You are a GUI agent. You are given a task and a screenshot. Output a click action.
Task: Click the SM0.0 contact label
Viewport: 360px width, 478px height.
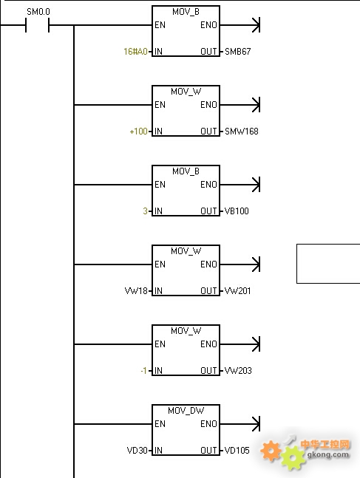[x=38, y=12]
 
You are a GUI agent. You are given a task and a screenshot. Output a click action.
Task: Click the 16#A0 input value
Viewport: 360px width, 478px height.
[x=135, y=52]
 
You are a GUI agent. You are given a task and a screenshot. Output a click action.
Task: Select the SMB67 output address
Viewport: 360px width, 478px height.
[x=238, y=52]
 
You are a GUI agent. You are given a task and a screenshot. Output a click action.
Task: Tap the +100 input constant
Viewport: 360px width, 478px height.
[x=138, y=132]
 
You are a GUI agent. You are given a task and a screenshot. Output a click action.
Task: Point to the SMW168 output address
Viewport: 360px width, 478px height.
[x=241, y=132]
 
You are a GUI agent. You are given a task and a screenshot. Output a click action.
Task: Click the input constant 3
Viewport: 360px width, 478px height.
[x=145, y=211]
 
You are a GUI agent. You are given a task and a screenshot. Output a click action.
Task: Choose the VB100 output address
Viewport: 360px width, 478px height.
[x=237, y=211]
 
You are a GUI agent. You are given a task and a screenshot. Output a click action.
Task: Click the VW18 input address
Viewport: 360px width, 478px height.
[x=136, y=291]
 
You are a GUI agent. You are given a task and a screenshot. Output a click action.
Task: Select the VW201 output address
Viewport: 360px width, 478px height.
[x=237, y=291]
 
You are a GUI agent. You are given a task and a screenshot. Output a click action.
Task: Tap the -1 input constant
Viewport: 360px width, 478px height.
[x=144, y=371]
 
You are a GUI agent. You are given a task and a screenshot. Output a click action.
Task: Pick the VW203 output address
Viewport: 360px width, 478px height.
[x=238, y=371]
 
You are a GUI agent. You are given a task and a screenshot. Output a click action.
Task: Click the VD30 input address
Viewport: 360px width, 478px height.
[x=137, y=450]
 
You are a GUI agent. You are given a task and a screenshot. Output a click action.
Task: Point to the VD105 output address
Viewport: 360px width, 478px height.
[x=237, y=450]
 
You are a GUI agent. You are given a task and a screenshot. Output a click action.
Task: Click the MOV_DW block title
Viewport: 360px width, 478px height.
[x=186, y=411]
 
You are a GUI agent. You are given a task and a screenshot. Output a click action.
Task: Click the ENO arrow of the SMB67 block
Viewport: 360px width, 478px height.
[x=240, y=25]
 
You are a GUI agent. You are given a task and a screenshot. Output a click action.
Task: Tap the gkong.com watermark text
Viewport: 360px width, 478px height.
[x=328, y=454]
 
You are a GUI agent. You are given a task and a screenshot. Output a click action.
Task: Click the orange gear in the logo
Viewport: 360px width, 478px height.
[x=271, y=451]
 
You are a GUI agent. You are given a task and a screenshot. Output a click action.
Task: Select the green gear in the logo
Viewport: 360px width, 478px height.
[x=293, y=457]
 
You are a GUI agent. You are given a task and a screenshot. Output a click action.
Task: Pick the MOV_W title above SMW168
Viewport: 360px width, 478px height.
[x=186, y=92]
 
